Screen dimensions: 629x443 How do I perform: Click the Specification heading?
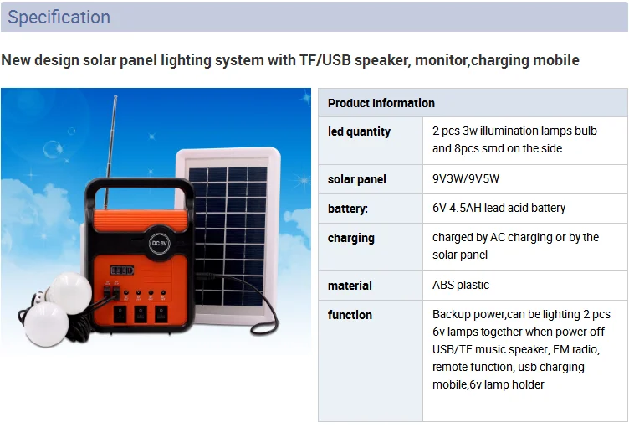pos(59,18)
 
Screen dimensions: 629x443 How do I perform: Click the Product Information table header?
pos(381,103)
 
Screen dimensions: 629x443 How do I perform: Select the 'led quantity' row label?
pos(359,131)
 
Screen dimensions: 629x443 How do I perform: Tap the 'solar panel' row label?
pos(356,179)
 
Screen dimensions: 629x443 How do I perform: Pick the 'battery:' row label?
pos(347,209)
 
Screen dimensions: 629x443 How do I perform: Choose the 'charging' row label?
pos(351,238)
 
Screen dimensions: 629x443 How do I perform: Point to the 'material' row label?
pos(350,286)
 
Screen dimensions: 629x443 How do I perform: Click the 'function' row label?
pos(350,315)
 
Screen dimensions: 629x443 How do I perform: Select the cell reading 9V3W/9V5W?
pos(466,178)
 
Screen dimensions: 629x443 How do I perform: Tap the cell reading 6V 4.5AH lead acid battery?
pos(499,208)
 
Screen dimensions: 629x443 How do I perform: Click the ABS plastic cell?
pos(461,285)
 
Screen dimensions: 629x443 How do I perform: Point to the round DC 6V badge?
pos(159,243)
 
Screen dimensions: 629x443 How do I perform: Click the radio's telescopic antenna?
pos(110,152)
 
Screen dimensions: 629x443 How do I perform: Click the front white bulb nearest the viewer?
pos(46,324)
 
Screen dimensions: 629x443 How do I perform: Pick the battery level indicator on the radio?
pos(122,270)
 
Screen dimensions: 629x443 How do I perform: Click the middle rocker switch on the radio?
pos(141,315)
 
